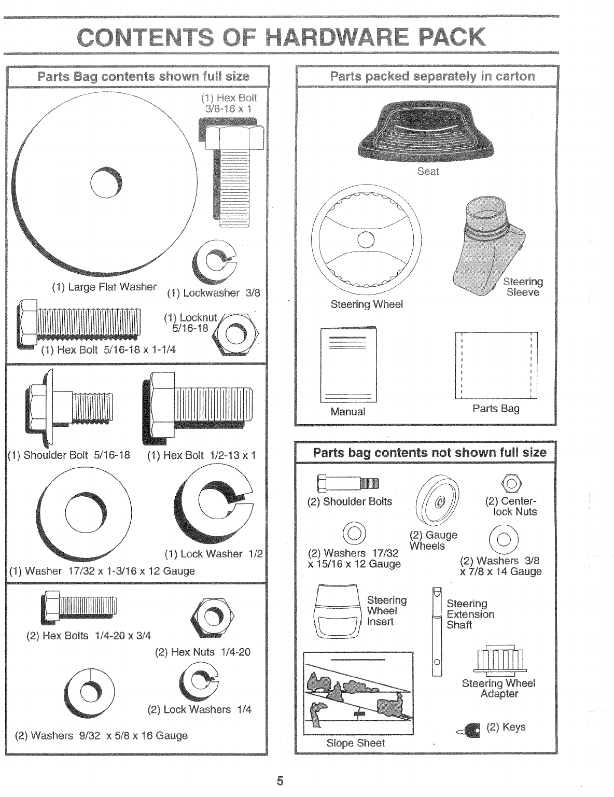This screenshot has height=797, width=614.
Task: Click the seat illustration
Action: [x=428, y=132]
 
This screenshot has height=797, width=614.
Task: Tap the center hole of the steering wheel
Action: [x=366, y=240]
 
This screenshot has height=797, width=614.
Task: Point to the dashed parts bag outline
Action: [x=496, y=366]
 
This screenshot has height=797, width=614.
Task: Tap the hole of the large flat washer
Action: [x=106, y=184]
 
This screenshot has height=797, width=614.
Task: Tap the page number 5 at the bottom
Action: [x=280, y=781]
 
